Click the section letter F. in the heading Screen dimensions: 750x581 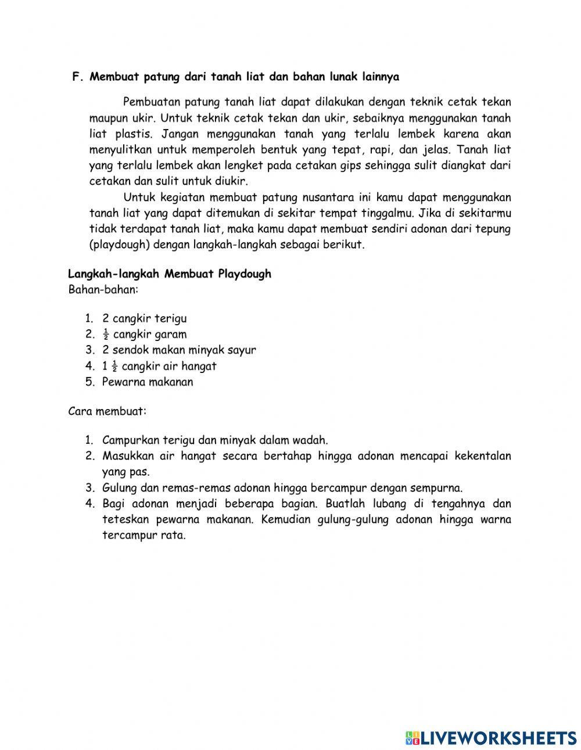(x=78, y=77)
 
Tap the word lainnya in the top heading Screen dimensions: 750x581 (x=379, y=77)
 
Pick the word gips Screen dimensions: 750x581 (x=367, y=166)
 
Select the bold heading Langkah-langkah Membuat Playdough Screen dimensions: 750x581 (x=170, y=274)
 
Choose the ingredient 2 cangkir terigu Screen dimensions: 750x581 (x=144, y=318)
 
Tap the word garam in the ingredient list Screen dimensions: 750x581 (x=171, y=335)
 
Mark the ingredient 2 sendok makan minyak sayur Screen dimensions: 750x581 (x=179, y=350)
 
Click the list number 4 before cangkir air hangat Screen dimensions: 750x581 (x=89, y=366)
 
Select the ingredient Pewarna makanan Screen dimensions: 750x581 (x=148, y=382)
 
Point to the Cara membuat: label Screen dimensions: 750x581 (x=107, y=411)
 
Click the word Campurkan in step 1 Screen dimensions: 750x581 (x=128, y=440)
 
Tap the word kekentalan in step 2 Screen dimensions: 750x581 (x=483, y=456)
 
